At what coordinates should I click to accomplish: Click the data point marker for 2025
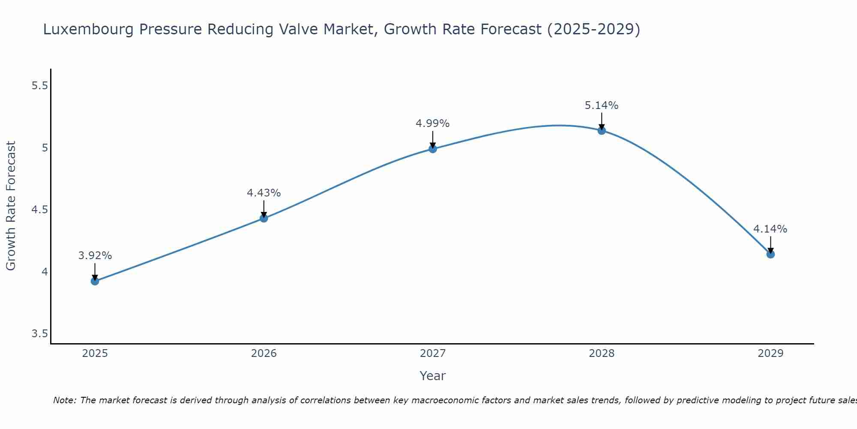95,281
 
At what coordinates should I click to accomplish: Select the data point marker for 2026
264,218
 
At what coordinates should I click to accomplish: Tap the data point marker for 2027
433,149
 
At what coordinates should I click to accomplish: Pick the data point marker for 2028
602,130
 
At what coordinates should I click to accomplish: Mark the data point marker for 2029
770,254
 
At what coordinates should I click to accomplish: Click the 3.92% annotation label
95,256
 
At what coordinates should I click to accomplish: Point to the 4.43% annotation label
264,193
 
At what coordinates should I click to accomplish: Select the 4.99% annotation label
433,124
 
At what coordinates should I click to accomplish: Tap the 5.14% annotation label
602,106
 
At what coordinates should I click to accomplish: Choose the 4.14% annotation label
770,229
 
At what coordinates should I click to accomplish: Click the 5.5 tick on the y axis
39,86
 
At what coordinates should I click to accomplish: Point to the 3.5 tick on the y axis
39,334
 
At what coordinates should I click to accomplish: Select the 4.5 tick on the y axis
39,210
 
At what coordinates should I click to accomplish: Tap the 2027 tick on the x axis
433,353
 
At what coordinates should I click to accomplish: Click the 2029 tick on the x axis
770,353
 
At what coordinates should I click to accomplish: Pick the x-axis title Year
433,376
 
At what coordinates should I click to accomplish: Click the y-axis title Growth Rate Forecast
11,206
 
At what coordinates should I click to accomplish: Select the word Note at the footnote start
64,400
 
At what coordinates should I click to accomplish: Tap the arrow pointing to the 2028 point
602,121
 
